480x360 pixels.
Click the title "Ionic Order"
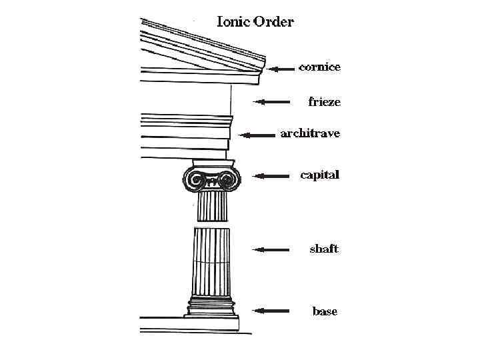point(255,22)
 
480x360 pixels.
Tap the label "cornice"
point(320,67)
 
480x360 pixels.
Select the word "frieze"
point(324,102)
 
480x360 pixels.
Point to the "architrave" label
point(310,134)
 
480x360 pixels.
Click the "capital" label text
point(320,175)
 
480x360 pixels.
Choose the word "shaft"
point(324,249)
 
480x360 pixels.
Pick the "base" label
point(325,311)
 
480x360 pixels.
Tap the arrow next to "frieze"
point(272,102)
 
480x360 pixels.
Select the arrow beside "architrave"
point(258,135)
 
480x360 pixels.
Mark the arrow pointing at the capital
point(271,176)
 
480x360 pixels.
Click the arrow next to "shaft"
point(271,249)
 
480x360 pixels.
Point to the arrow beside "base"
point(271,311)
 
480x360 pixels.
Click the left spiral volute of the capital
point(195,179)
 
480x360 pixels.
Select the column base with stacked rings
point(211,307)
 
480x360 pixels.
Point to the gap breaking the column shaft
point(212,225)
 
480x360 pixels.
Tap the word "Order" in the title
point(273,22)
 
